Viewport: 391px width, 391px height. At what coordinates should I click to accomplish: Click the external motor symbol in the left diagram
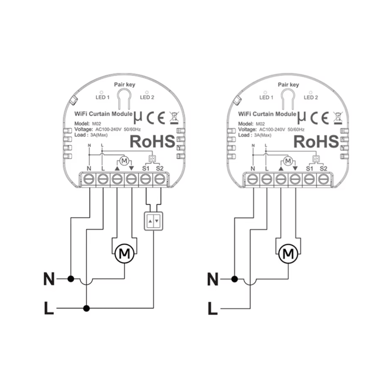coord(124,253)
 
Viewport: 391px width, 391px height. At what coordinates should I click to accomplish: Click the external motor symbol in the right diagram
coord(288,253)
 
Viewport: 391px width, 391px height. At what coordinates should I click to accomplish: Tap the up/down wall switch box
coord(152,222)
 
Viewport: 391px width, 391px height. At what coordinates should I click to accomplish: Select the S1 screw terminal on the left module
coord(145,179)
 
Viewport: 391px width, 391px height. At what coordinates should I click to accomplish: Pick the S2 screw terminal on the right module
coord(323,179)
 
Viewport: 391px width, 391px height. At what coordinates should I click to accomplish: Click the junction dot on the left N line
coord(71,279)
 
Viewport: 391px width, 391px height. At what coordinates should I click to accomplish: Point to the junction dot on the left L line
coord(87,309)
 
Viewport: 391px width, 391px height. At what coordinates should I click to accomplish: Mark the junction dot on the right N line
coord(235,279)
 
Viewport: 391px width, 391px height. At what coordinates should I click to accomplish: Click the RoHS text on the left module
coord(152,142)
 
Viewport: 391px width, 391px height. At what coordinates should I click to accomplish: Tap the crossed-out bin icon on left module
coord(173,116)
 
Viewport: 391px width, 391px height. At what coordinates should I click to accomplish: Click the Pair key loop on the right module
coord(288,98)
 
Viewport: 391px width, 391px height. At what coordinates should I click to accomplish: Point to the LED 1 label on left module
coord(103,97)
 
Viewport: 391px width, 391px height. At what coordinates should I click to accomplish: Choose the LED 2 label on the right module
coord(311,97)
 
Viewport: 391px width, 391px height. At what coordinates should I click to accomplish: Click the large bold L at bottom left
coord(49,309)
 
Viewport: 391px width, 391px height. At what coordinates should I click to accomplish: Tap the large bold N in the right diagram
coord(213,279)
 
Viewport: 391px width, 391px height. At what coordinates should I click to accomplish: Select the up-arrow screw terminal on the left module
coord(117,179)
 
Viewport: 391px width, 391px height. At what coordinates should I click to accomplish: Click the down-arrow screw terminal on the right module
coord(295,179)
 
